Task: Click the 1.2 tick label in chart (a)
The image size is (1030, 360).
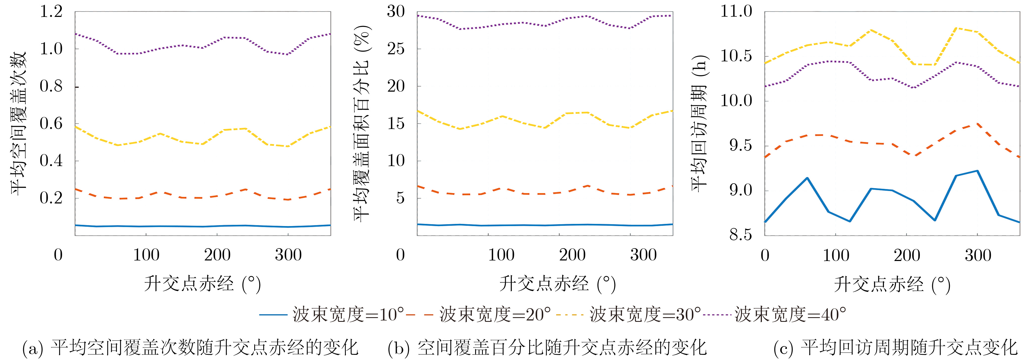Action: tap(51, 12)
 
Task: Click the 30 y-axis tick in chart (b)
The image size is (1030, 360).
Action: tap(396, 12)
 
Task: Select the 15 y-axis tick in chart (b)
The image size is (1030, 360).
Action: tap(396, 124)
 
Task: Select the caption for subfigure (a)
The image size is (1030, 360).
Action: tap(190, 348)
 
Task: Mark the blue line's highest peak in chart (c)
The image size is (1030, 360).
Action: tap(977, 171)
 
